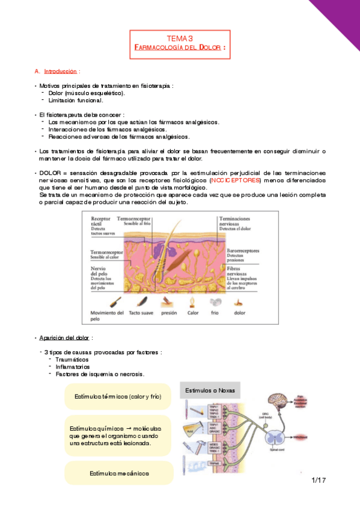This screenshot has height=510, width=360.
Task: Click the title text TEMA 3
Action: pyautogui.click(x=180, y=38)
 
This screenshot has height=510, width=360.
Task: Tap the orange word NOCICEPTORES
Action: pyautogui.click(x=236, y=180)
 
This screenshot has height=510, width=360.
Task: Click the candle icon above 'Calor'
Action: pyautogui.click(x=193, y=302)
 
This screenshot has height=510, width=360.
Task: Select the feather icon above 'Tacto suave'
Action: pyautogui.click(x=141, y=302)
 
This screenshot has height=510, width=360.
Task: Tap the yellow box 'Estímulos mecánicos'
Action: pyautogui.click(x=119, y=473)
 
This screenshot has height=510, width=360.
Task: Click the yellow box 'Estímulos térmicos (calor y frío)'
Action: pyautogui.click(x=119, y=396)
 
